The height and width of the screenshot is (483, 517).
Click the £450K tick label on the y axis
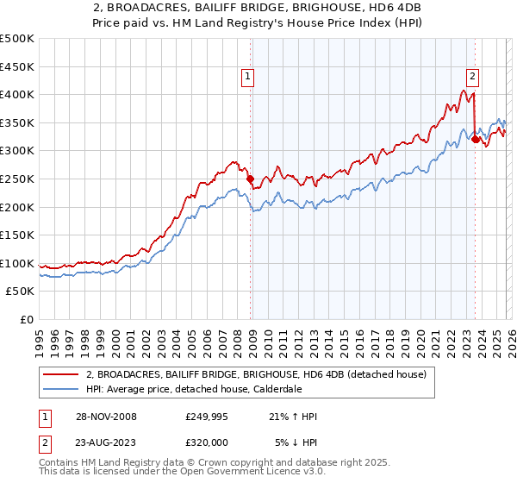[17, 66]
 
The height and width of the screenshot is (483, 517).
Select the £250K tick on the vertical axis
[17, 179]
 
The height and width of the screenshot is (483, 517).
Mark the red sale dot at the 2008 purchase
[251, 179]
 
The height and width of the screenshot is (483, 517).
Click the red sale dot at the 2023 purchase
[475, 140]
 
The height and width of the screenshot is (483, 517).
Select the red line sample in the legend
[62, 374]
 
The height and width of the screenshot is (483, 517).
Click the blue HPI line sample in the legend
[62, 390]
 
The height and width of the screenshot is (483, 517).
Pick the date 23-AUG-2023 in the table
[103, 442]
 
